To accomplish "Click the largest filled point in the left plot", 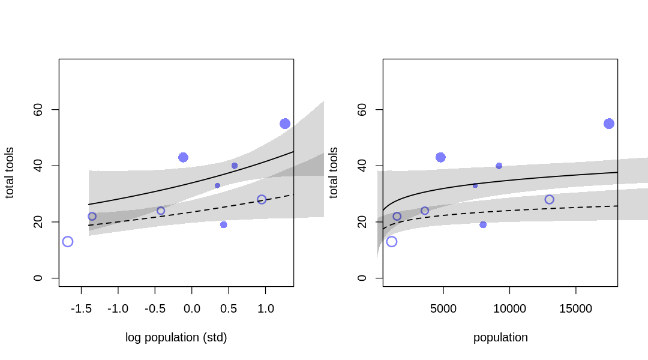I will coord(285,124).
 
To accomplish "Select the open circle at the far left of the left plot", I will coord(68,242).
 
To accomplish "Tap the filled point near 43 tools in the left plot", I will coord(183,157).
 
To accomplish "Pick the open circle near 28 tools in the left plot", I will coord(262,200).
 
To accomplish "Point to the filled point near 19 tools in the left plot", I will coord(223,225).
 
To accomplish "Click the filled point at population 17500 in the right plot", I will coord(609,124).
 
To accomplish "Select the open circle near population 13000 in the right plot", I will coord(549,200).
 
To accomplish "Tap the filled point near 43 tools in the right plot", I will coord(440,157).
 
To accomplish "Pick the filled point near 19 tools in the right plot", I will coord(483,225).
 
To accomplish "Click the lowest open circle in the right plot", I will coord(392,242).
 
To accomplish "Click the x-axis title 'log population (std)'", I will coord(176,338).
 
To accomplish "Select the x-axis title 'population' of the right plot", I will coord(500,338).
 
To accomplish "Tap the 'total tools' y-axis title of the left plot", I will coord(10,173).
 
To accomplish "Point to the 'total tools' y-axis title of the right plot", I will coord(334,173).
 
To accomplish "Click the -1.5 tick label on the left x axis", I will coord(81,309).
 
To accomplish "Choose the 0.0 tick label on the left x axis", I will coord(191,309).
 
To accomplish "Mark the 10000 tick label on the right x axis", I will coord(509,309).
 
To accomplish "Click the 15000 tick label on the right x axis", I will coord(575,309).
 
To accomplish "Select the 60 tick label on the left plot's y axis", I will coord(38,110).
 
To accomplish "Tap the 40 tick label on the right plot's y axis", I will coord(362,166).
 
